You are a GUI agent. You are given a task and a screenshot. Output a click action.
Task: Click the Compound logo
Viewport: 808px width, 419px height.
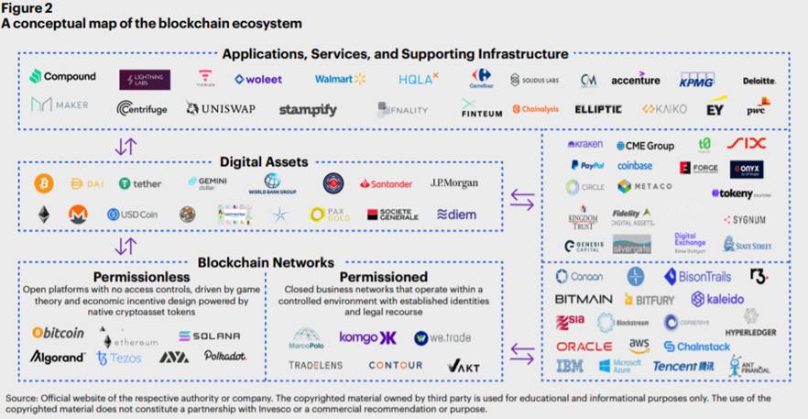[63, 77]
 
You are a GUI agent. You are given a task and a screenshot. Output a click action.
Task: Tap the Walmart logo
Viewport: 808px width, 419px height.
[340, 80]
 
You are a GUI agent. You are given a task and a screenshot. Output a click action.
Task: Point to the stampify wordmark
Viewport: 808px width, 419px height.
[308, 110]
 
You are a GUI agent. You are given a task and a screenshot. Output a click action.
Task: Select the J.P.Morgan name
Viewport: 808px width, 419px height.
[453, 183]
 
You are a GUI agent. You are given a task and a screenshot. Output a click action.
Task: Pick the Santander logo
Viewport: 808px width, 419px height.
[386, 183]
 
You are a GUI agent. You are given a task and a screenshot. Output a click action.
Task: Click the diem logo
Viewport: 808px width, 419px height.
[456, 215]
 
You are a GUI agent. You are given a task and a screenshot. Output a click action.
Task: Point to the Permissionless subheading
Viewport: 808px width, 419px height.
[141, 276]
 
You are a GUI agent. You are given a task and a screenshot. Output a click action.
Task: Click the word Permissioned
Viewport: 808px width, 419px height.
[383, 276]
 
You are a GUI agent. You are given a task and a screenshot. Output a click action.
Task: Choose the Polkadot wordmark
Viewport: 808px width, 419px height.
[224, 356]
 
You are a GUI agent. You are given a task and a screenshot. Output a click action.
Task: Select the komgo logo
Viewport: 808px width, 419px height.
[366, 337]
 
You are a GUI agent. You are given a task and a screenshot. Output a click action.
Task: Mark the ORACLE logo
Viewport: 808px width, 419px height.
[584, 347]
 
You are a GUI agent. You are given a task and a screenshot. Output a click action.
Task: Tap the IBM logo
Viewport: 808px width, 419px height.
[570, 367]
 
